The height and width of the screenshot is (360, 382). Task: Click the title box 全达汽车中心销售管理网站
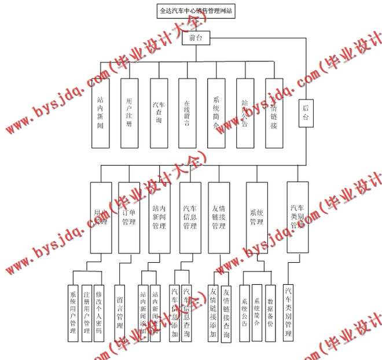tap(190, 12)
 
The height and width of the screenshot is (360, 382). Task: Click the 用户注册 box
tap(130, 113)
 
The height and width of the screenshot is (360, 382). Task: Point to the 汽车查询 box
tap(158, 113)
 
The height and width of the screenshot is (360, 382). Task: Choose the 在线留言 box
tap(187, 113)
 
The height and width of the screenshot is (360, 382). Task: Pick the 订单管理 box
tap(129, 218)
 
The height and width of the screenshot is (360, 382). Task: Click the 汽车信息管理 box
tap(190, 218)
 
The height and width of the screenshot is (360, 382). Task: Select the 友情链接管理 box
tap(219, 218)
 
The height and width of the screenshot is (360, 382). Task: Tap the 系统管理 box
tap(256, 218)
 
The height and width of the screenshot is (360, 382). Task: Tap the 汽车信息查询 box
tap(186, 313)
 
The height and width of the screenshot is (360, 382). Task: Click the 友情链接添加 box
tap(213, 313)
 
